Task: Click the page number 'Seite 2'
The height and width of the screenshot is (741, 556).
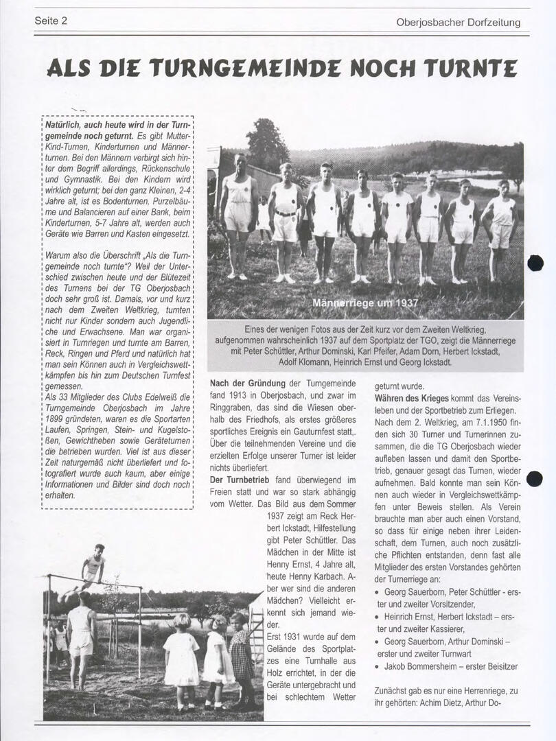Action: click(51, 21)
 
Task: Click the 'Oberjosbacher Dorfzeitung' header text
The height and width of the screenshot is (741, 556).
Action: click(458, 22)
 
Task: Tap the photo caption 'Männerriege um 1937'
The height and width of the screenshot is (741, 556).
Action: click(364, 303)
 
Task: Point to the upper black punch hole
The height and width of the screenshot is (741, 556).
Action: click(535, 263)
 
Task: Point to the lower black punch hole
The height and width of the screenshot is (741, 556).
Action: click(535, 479)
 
